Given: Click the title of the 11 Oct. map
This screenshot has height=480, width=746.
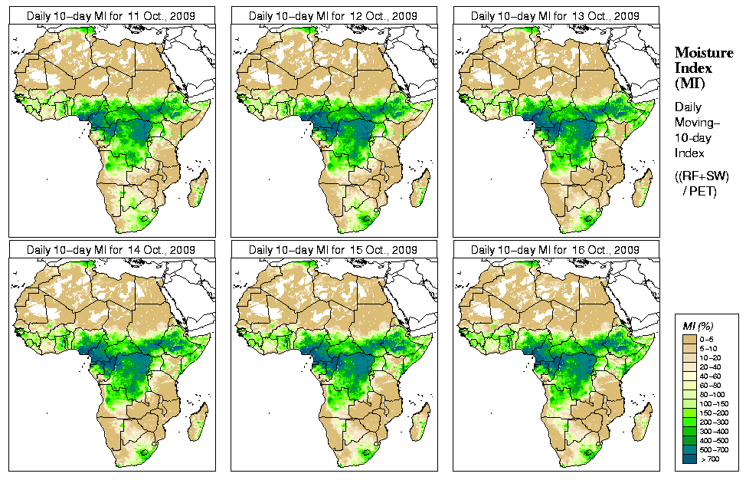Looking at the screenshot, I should click(111, 15).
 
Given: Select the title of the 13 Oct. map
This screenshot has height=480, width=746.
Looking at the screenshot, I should click(555, 15).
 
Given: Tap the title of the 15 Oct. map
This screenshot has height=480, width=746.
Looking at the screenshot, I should click(333, 250).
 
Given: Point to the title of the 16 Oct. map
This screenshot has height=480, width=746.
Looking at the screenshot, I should click(555, 250).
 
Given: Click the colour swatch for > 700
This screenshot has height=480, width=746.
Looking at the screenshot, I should click(687, 458).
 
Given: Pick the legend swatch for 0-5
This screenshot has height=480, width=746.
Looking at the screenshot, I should click(687, 338).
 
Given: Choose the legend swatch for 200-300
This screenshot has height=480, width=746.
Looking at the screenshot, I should click(687, 421).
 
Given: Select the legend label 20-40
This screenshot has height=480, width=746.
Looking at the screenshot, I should click(713, 366).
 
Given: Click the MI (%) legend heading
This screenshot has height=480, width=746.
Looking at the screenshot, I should click(697, 327).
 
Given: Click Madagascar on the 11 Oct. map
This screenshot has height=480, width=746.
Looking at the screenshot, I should click(198, 187).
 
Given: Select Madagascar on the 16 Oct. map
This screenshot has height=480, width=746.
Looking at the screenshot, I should click(643, 422).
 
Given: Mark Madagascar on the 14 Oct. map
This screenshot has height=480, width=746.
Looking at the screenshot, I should click(198, 422).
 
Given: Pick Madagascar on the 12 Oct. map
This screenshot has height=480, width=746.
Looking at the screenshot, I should click(420, 187).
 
